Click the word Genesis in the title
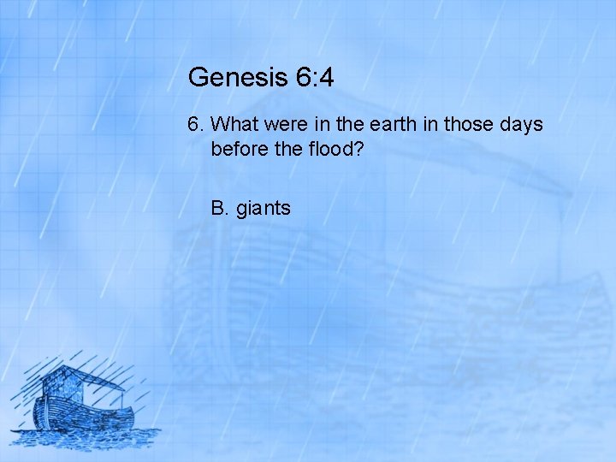pos(227,78)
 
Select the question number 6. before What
pos(195,125)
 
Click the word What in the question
pos(232,125)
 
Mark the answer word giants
pos(263,208)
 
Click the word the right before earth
pos(346,125)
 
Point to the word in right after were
pos(318,125)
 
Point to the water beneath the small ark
pos(86,438)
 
